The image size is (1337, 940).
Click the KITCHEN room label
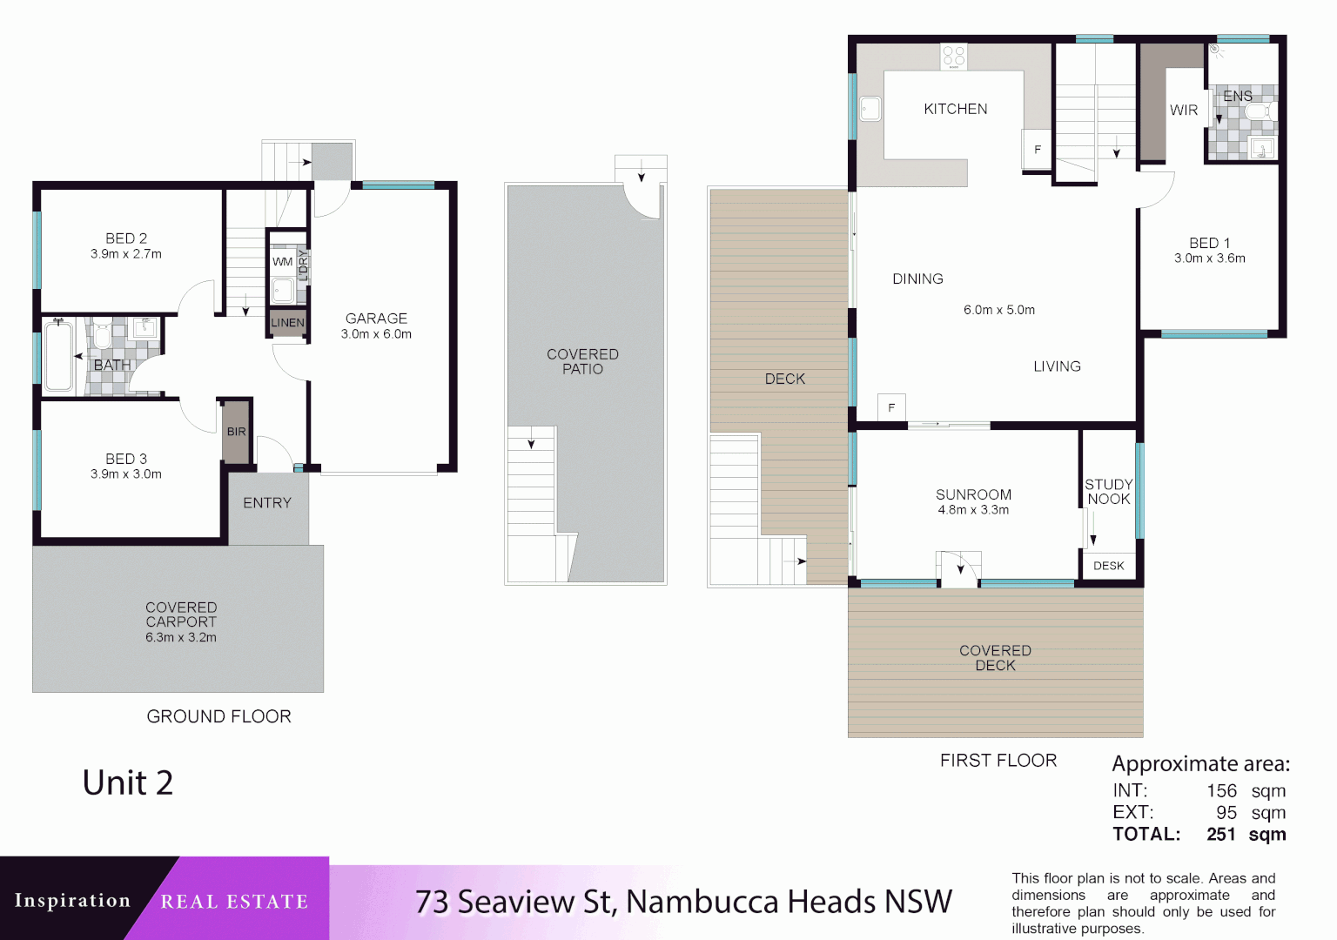955,109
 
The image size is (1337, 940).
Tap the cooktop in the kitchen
954,57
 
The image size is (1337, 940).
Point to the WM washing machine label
282,261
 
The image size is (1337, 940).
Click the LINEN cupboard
287,322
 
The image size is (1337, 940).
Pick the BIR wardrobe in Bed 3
236,432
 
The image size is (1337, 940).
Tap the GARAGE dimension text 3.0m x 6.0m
376,334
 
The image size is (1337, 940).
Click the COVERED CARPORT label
181,614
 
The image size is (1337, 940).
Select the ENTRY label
267,503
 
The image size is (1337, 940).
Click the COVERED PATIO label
582,361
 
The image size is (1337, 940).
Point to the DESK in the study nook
1108,566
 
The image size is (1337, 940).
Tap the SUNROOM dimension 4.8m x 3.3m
973,510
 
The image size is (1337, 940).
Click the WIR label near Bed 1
1183,111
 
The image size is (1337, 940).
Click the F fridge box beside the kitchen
1037,150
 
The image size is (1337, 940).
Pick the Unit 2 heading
128,782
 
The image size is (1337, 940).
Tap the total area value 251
1220,835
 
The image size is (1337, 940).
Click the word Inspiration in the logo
72,900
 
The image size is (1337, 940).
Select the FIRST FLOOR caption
998,761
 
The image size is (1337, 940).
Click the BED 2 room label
126,238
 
